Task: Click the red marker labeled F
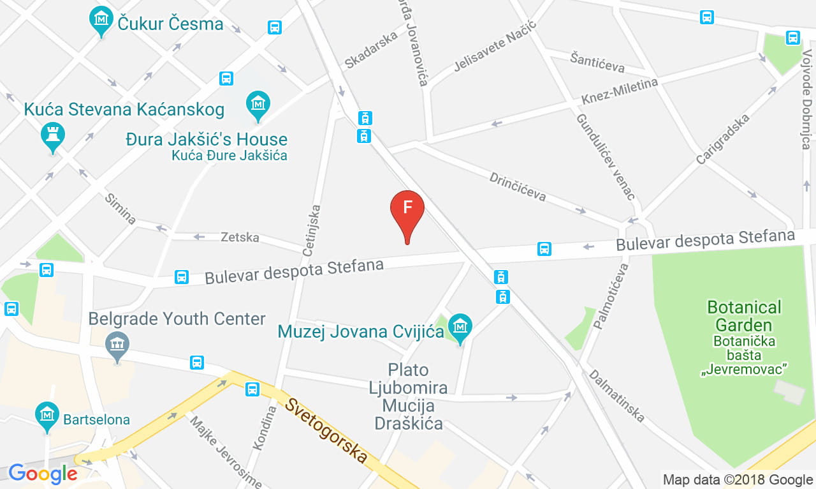pos(407,211)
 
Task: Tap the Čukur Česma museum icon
pos(101,19)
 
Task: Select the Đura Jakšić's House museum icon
pos(258,104)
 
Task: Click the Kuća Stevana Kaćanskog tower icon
pos(52,135)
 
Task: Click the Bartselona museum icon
pos(47,414)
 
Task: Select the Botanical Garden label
pos(744,315)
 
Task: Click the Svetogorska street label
pos(327,431)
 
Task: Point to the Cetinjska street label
pos(312,230)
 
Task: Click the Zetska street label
pos(240,237)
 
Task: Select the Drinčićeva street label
pos(518,186)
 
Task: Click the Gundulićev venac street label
pos(605,156)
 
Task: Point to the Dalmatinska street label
pos(616,396)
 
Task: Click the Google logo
pos(43,474)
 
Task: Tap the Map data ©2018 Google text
pos(738,479)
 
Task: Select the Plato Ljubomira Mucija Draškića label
pos(409,396)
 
